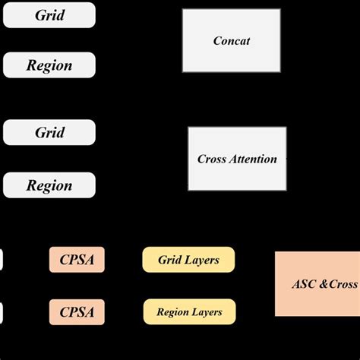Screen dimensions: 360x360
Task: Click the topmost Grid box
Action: coord(49,14)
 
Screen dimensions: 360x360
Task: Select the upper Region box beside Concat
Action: coord(49,65)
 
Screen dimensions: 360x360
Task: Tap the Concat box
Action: coord(232,40)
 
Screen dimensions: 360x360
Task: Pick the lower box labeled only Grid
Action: coord(49,132)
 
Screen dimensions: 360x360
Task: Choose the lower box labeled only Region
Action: coord(49,185)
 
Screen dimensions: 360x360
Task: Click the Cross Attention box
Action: coord(237,159)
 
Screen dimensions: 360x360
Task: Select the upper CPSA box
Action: coord(77,260)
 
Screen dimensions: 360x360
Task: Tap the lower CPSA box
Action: coord(77,311)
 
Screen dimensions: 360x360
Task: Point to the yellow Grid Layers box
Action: coord(188,260)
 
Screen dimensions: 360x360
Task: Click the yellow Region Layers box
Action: coord(189,311)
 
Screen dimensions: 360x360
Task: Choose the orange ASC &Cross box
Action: coord(317,284)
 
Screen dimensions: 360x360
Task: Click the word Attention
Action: coord(254,159)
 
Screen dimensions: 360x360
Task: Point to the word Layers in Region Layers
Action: coord(207,311)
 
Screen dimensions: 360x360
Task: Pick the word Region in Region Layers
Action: coord(172,311)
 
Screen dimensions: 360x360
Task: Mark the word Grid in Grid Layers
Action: coord(169,260)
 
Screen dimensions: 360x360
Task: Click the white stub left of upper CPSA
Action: coord(1,260)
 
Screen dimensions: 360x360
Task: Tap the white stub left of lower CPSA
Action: coord(1,311)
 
